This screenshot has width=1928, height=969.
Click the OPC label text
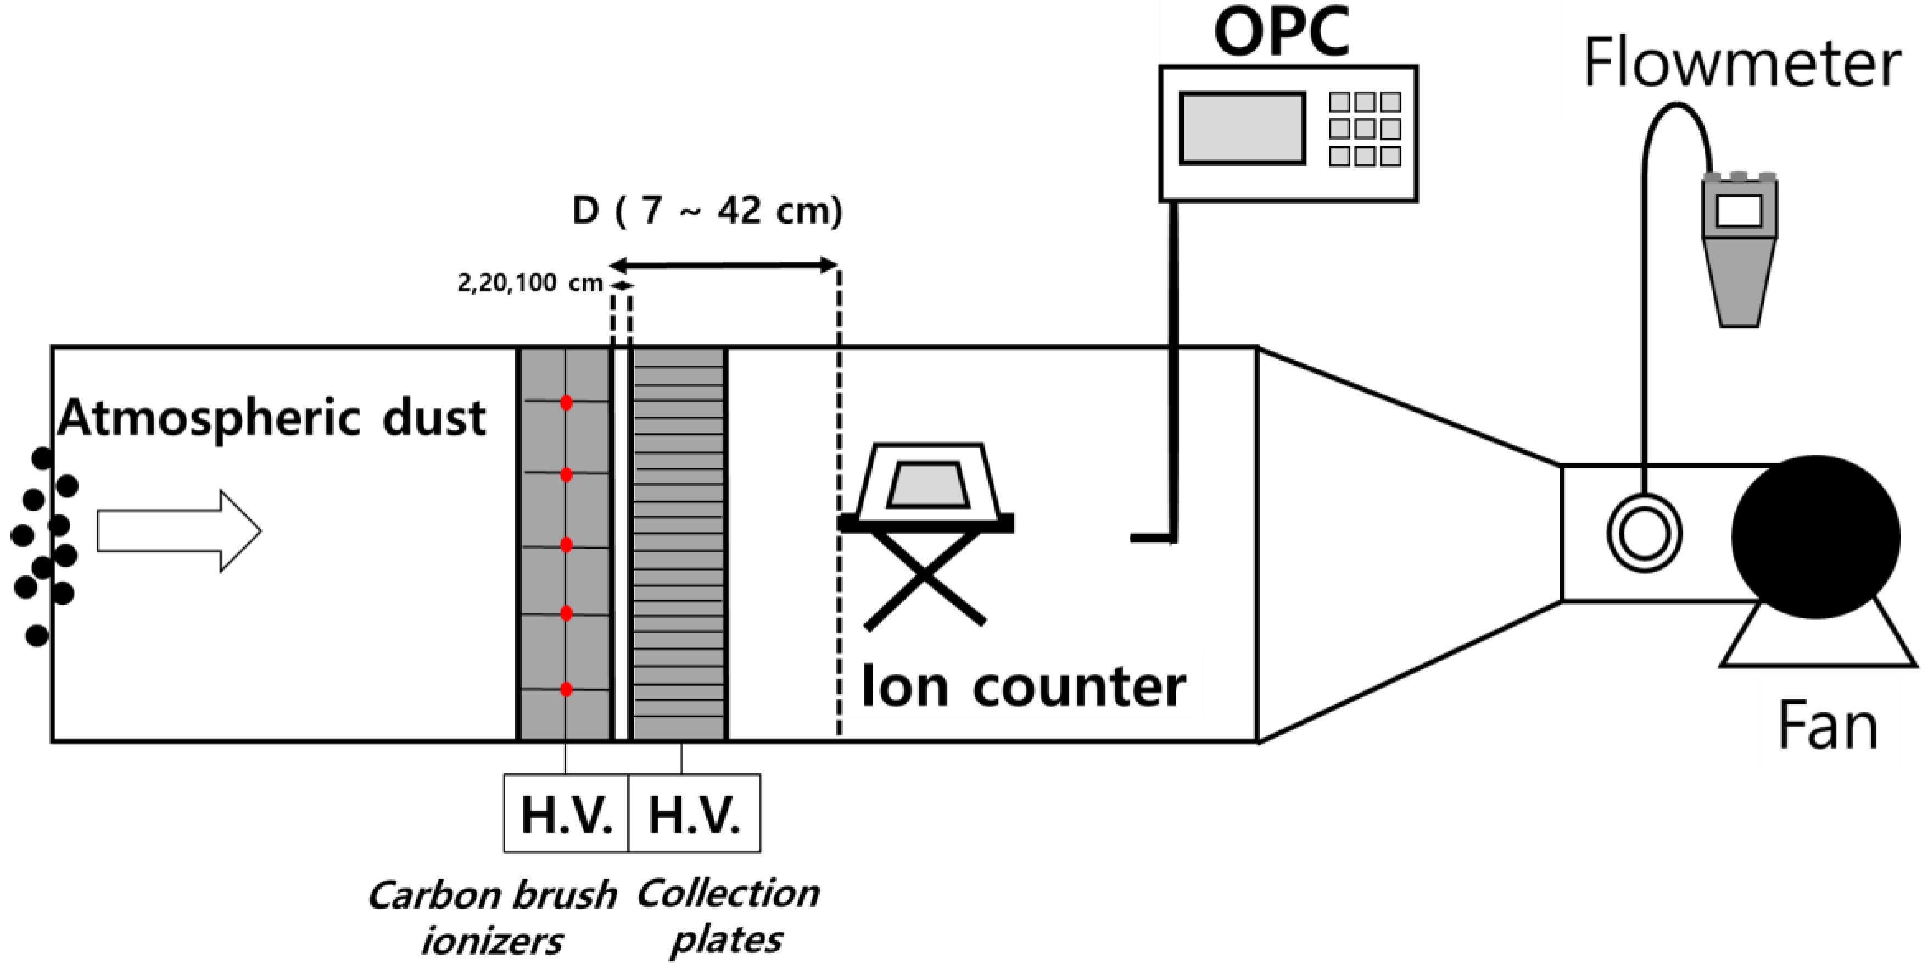1281,33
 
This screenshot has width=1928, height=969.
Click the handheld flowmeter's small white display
1739,211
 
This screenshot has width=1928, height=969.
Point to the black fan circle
1815,537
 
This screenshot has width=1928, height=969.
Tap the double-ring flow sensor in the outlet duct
1644,534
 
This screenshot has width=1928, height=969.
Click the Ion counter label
1022,686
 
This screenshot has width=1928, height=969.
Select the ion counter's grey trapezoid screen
927,485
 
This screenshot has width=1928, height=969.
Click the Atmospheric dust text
272,417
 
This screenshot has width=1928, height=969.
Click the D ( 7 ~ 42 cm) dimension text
707,211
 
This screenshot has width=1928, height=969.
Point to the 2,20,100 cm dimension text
530,283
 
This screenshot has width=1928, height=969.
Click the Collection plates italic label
728,916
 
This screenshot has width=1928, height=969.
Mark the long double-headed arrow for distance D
723,265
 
